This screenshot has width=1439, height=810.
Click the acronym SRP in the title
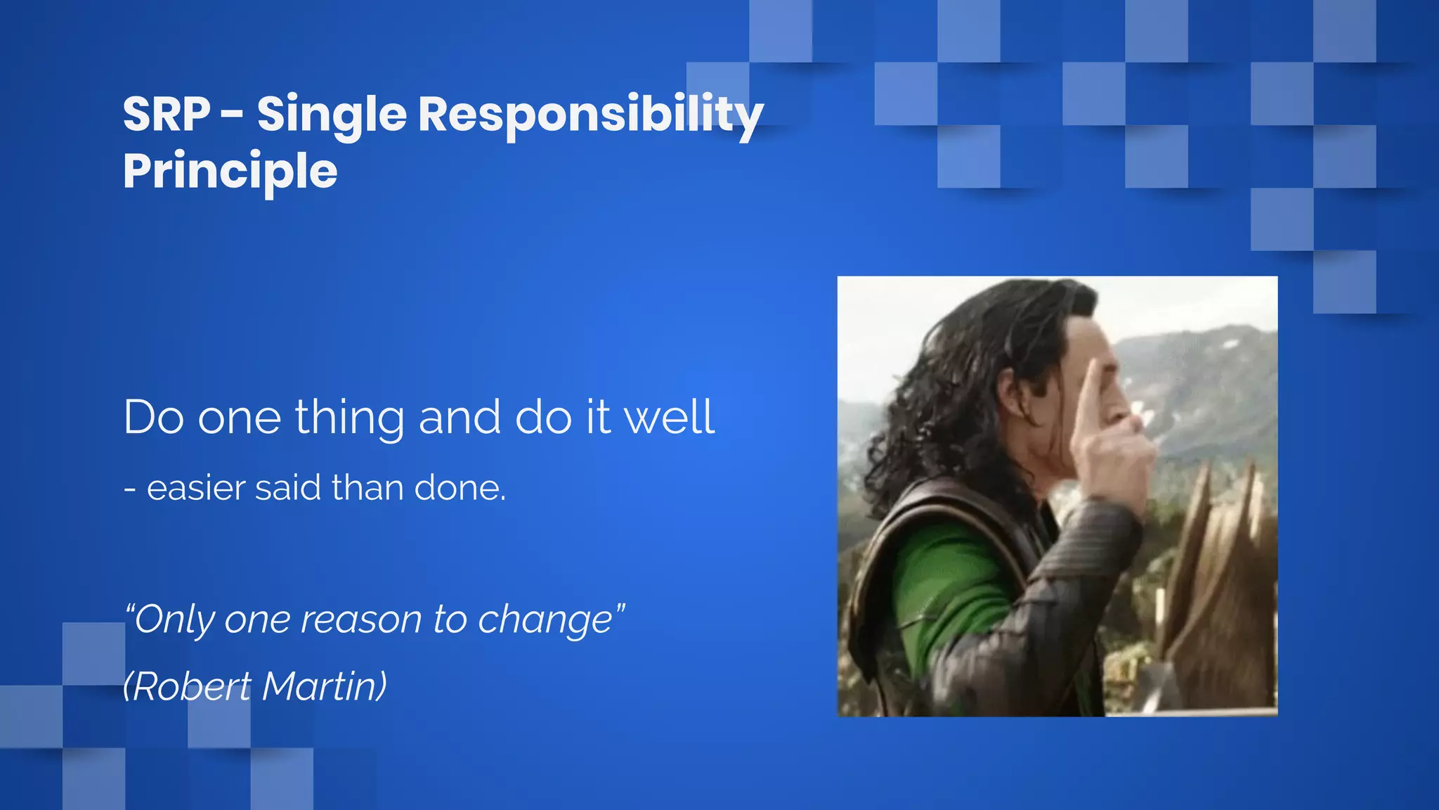tap(167, 114)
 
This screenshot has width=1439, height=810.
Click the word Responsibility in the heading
tap(590, 115)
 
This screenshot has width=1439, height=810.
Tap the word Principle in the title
tap(230, 172)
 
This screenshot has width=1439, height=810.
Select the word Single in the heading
tap(332, 115)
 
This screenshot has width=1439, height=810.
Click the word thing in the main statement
tap(349, 418)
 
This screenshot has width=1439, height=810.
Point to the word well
tap(669, 417)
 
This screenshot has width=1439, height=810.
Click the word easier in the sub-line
tap(196, 488)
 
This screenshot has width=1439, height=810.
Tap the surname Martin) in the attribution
tap(324, 686)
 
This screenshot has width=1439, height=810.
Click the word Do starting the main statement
tap(153, 418)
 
